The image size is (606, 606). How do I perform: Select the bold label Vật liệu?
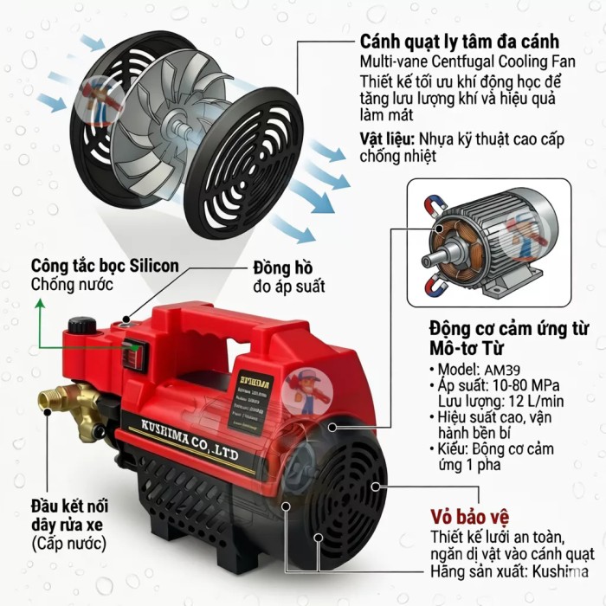point(388,139)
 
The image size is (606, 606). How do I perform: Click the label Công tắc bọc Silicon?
point(105,265)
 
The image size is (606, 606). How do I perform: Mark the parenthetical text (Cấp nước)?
point(68,544)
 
